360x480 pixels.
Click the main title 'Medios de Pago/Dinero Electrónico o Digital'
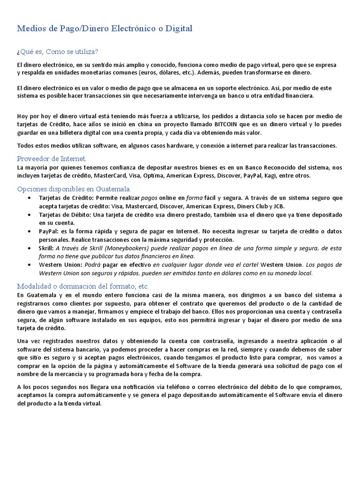[x=105, y=29]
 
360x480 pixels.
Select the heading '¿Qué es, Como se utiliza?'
[x=58, y=51]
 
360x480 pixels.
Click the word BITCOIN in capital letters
[x=215, y=124]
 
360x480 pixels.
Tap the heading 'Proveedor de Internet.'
[x=52, y=158]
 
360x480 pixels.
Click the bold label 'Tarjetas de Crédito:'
[x=68, y=198]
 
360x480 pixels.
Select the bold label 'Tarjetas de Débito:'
[x=66, y=215]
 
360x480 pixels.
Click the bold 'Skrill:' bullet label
[x=46, y=248]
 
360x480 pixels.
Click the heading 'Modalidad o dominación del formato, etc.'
[x=83, y=286]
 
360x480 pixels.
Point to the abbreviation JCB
[x=278, y=206]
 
